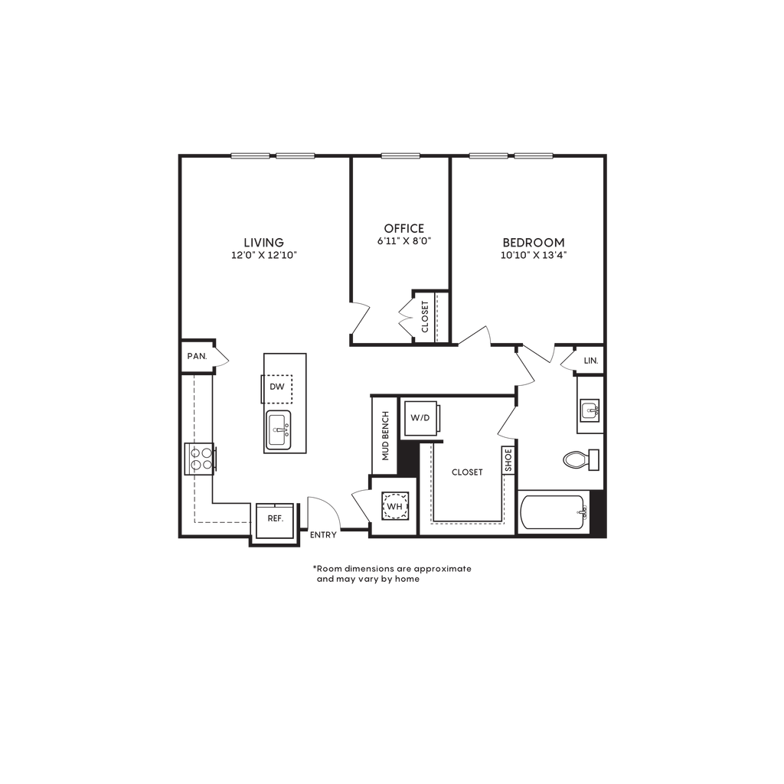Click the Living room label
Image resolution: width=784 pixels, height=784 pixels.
click(263, 247)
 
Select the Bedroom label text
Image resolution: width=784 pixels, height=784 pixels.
click(534, 248)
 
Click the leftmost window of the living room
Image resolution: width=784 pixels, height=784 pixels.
click(250, 155)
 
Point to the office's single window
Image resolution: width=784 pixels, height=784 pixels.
click(400, 155)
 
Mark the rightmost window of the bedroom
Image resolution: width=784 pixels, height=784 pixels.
click(534, 155)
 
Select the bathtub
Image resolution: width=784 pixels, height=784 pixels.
click(554, 511)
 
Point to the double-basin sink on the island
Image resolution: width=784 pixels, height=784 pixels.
click(277, 430)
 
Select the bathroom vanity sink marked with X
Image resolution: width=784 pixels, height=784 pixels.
click(590, 409)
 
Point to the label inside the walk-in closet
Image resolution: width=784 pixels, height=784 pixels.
click(466, 472)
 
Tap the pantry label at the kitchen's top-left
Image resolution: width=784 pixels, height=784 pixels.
click(198, 356)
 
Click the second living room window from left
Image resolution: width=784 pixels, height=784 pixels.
click(296, 155)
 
